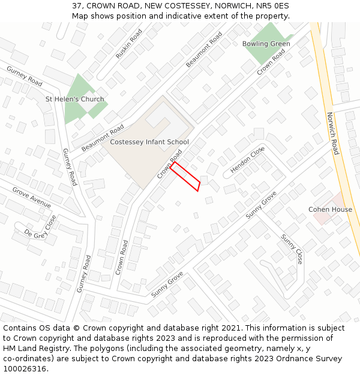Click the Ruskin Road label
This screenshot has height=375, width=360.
[x=129, y=43]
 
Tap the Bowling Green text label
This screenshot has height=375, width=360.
[x=266, y=44]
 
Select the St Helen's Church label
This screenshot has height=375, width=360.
[x=75, y=99]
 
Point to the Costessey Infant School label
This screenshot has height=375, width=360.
[x=149, y=142]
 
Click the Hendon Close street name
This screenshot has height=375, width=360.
[x=248, y=161]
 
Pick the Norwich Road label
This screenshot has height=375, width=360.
[x=333, y=133]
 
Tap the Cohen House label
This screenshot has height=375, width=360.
[x=330, y=209]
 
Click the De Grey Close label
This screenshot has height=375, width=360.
[x=40, y=227]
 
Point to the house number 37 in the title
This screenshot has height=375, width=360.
[x=77, y=5]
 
